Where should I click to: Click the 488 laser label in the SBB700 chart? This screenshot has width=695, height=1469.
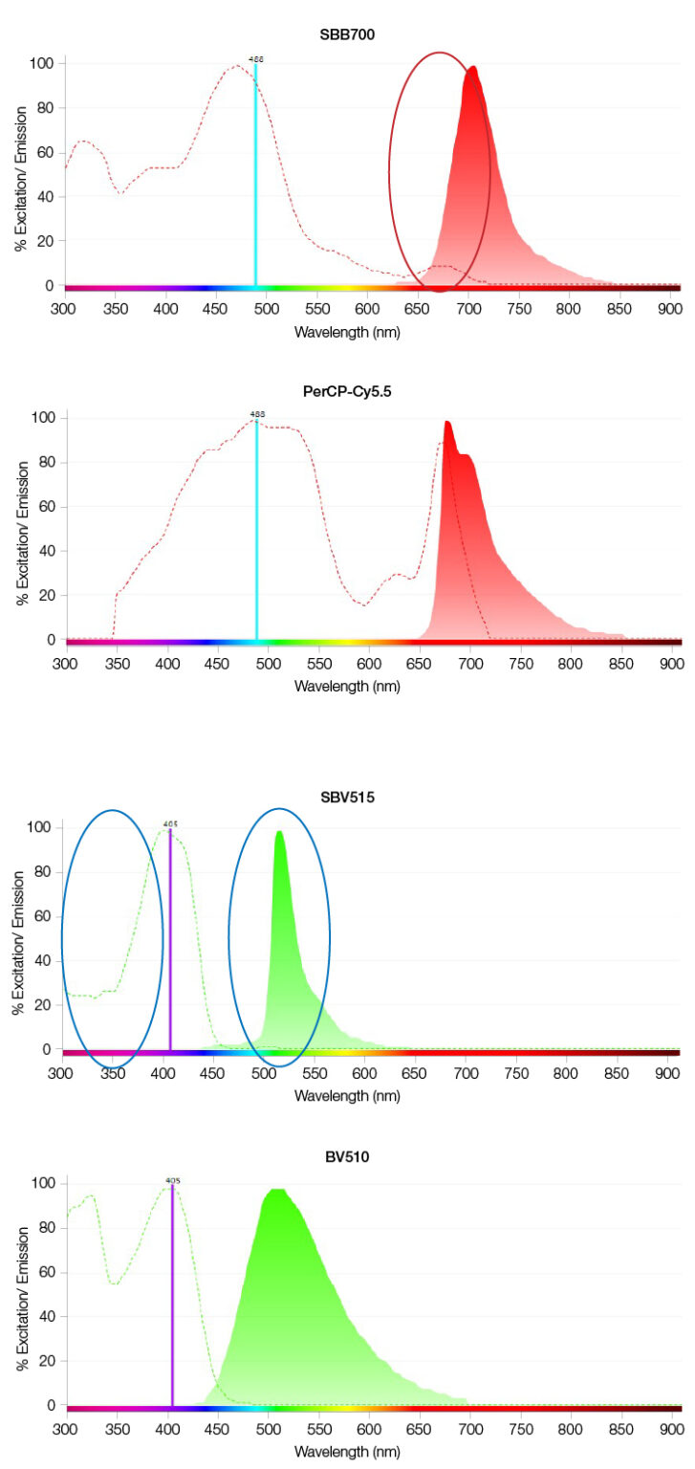(255, 58)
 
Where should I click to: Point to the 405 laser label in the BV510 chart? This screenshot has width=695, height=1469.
(172, 1181)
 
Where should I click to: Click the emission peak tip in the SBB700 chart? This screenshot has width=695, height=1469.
(472, 67)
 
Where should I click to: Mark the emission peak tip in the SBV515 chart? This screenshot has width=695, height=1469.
(279, 831)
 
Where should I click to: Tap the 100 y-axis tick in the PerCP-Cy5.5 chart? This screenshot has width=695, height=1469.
(44, 418)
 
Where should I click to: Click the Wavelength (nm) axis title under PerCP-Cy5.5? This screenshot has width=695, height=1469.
(347, 686)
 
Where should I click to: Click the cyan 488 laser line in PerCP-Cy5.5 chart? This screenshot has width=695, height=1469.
(256, 536)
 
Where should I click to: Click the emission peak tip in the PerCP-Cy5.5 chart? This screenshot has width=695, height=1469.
(446, 422)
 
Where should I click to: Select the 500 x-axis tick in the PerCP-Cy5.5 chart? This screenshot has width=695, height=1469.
(269, 662)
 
